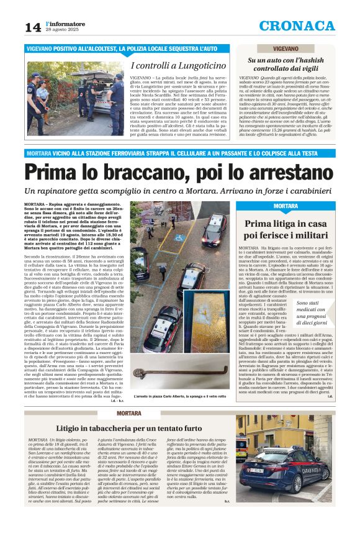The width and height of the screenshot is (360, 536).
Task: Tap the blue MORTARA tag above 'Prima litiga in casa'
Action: (x=286, y=206)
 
